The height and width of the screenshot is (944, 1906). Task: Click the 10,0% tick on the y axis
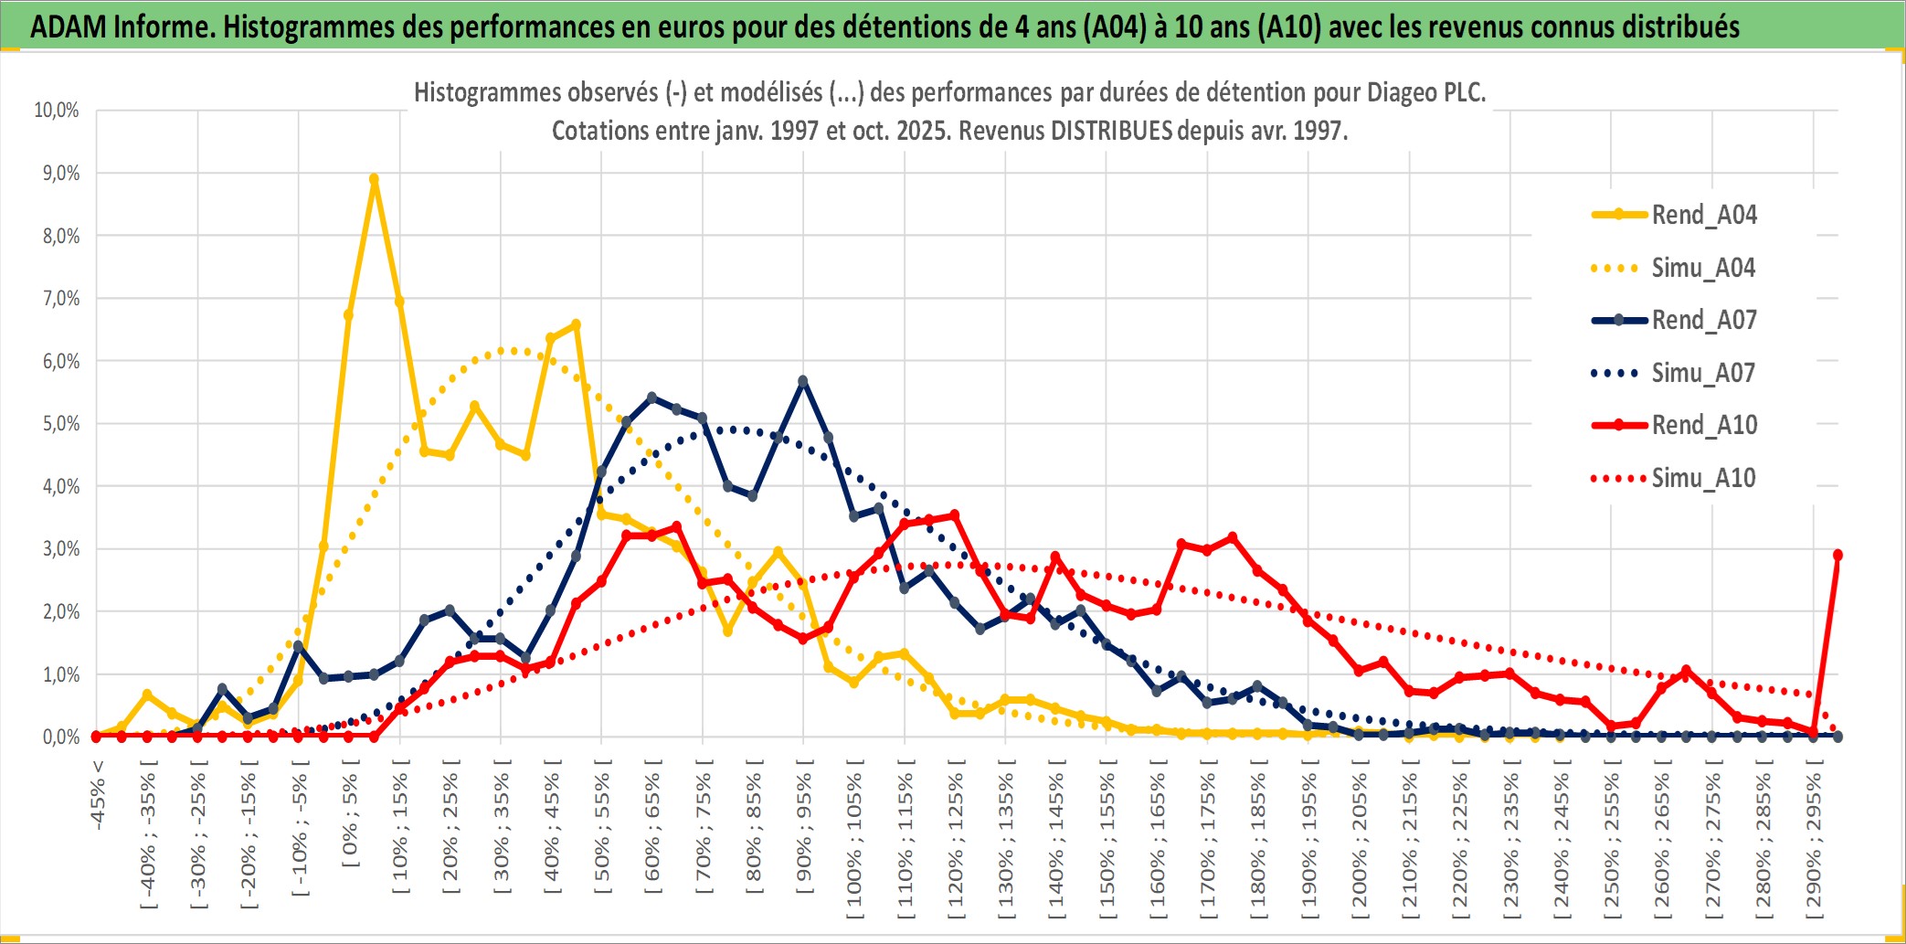tap(57, 111)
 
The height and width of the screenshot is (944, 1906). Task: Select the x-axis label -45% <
tap(98, 795)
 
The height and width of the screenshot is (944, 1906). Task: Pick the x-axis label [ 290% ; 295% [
tap(1814, 841)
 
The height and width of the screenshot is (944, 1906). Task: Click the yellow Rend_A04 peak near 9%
tap(374, 180)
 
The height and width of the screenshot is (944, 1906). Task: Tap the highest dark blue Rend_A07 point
tap(803, 381)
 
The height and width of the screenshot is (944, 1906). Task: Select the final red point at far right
tap(1837, 555)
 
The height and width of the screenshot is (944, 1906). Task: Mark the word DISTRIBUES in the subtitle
tap(1111, 131)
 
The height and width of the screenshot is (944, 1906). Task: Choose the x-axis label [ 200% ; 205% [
tap(1360, 841)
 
